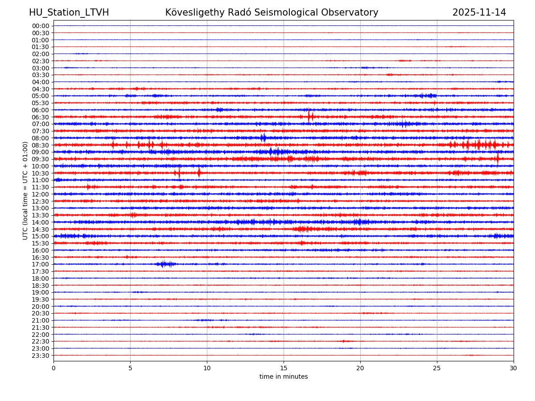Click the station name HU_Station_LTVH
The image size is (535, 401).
pyautogui.click(x=69, y=12)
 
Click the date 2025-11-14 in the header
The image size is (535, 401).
pyautogui.click(x=479, y=12)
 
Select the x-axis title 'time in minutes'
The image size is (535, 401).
pyautogui.click(x=284, y=377)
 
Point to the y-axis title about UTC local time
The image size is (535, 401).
pyautogui.click(x=25, y=190)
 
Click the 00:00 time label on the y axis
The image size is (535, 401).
pyautogui.click(x=41, y=26)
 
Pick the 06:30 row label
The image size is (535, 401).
pyautogui.click(x=41, y=117)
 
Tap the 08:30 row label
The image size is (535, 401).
pyautogui.click(x=41, y=145)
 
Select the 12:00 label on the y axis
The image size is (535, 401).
pyautogui.click(x=41, y=194)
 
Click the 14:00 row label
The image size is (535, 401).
pyautogui.click(x=41, y=222)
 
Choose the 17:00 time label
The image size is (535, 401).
pyautogui.click(x=41, y=264)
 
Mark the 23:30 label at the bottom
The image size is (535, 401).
pyautogui.click(x=41, y=356)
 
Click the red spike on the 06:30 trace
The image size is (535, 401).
pyautogui.click(x=309, y=116)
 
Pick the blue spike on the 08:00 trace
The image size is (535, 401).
pyautogui.click(x=263, y=138)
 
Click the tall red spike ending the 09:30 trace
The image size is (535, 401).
pyautogui.click(x=498, y=158)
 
